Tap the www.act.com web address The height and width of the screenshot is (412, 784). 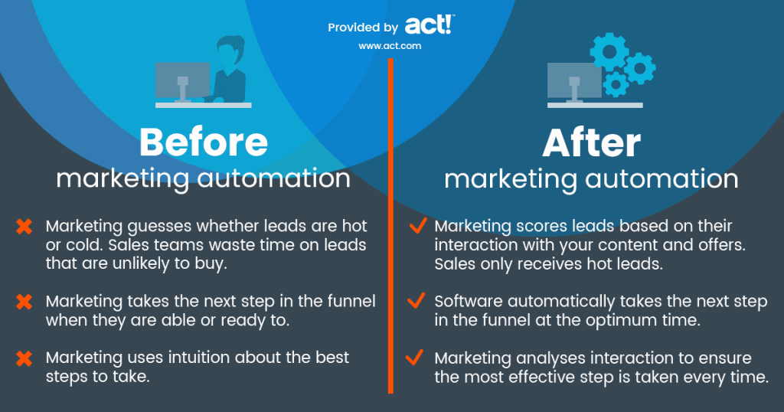click(390, 46)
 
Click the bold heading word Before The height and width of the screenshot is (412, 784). click(204, 142)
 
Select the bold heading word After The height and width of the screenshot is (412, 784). click(590, 143)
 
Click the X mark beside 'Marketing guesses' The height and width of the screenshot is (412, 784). click(24, 227)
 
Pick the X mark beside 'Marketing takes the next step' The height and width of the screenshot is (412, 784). click(24, 302)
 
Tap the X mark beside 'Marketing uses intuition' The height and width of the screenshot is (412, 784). click(24, 358)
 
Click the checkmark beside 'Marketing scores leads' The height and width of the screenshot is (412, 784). click(416, 226)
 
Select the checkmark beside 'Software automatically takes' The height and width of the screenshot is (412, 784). click(416, 301)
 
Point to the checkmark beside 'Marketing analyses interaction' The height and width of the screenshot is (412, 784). click(416, 358)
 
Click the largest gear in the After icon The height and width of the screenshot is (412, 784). click(609, 51)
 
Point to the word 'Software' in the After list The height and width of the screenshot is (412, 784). click(465, 302)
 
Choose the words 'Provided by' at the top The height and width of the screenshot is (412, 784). click(363, 28)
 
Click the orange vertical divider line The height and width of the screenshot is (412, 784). click(390, 230)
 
